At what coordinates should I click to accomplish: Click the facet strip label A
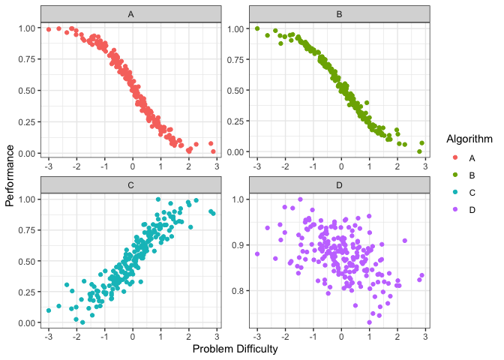click(x=131, y=14)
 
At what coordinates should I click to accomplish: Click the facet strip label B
click(x=340, y=14)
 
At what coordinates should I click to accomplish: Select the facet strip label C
click(x=131, y=184)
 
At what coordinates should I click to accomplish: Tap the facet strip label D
click(x=340, y=184)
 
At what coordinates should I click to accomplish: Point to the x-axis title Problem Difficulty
click(x=235, y=349)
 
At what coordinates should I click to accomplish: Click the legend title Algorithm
click(x=469, y=139)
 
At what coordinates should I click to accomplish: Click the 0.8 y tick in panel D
click(x=238, y=290)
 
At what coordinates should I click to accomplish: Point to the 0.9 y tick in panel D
click(x=238, y=244)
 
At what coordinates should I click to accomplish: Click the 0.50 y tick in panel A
click(x=26, y=91)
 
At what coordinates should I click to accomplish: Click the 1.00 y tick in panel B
click(x=235, y=28)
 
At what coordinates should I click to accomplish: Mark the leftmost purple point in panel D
click(x=257, y=253)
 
